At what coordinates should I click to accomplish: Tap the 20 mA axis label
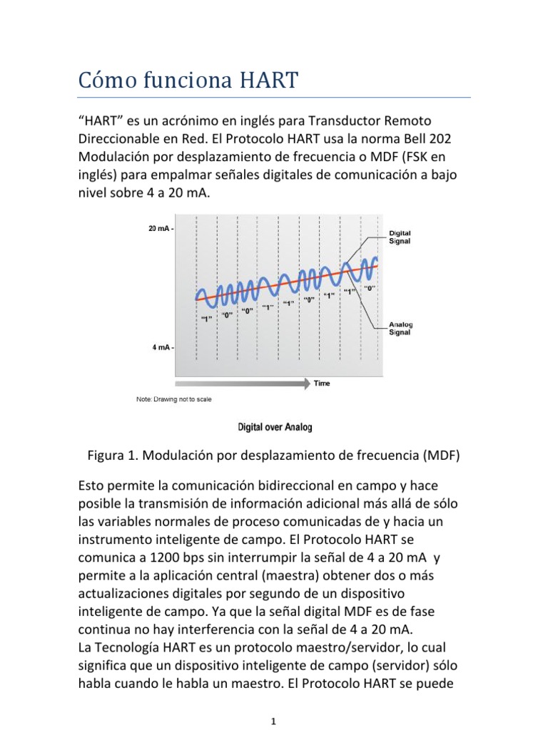click(159, 229)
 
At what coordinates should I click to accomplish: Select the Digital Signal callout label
click(400, 237)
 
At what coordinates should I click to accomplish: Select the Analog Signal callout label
click(400, 328)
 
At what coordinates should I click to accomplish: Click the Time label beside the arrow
click(322, 384)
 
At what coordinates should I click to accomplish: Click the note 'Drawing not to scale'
click(173, 399)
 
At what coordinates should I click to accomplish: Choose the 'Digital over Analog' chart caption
click(274, 428)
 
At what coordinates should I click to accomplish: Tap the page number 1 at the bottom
click(274, 721)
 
